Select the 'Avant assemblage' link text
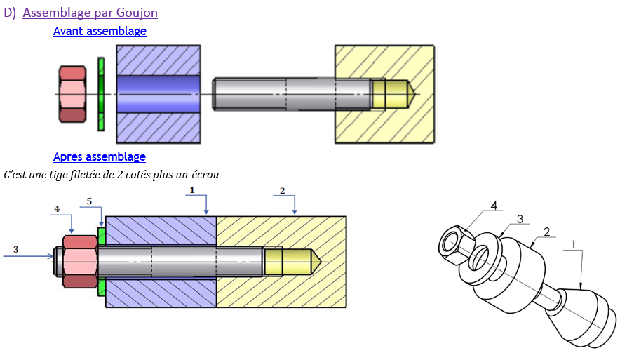tap(100, 31)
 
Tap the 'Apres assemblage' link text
tap(100, 156)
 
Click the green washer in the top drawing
tap(100, 93)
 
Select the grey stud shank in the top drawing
tap(288, 93)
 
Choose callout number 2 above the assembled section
tap(282, 191)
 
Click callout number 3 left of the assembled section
tap(15, 249)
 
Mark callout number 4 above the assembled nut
tap(58, 208)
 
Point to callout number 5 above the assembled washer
tap(89, 201)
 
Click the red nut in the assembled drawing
tap(79, 261)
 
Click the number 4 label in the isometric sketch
tap(494, 206)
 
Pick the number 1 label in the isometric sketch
tap(573, 245)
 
